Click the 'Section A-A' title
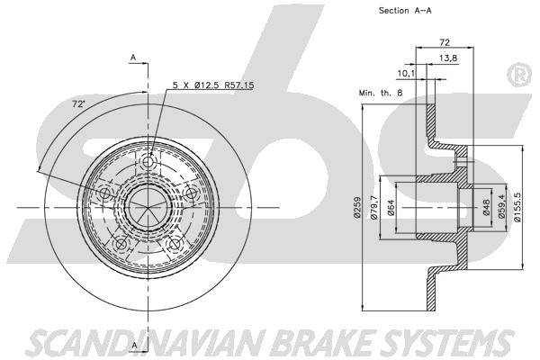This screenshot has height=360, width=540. [405, 11]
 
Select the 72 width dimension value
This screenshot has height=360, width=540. [445, 42]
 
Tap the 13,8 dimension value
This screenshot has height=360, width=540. [448, 58]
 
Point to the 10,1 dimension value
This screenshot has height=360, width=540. [407, 73]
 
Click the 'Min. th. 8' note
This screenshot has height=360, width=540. [381, 93]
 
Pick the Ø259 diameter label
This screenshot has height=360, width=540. [356, 207]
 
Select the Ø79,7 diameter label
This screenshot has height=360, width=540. [374, 207]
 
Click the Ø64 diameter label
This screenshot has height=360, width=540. [391, 208]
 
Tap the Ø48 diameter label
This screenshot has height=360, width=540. [486, 207]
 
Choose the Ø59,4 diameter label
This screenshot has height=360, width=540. [502, 206]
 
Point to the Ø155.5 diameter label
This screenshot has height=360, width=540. [517, 206]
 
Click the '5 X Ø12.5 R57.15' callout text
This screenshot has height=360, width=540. [213, 85]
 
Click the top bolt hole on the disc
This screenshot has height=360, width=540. [148, 161]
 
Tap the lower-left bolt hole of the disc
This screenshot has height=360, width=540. [121, 245]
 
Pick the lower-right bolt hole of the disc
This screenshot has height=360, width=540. [175, 244]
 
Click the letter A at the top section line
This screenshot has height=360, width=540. [133, 58]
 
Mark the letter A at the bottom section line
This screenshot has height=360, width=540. [135, 346]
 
